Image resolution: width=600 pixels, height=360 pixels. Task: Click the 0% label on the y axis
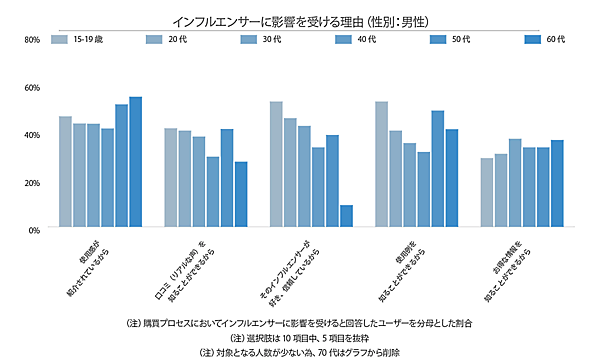pos(35,230)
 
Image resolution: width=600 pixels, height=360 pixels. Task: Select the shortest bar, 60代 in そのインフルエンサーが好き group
pos(346,217)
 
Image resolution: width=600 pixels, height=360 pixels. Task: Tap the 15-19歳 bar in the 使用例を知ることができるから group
pos(382,165)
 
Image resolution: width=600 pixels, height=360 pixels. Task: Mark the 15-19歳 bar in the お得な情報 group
pos(487,194)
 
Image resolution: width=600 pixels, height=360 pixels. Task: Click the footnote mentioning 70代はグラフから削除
pos(299,353)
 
